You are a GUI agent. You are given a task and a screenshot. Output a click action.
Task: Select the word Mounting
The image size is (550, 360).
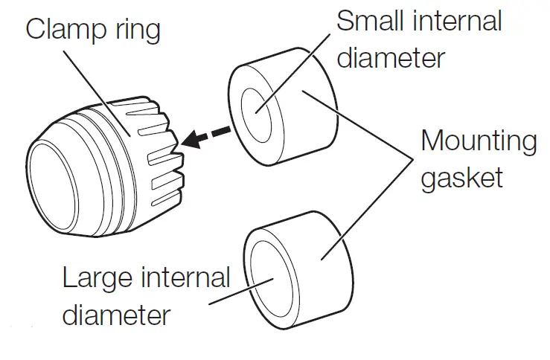pos(478,141)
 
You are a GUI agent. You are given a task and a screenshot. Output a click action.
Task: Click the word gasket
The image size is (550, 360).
pos(461,178)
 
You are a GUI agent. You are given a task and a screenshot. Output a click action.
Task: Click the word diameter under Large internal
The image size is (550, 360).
pos(116,315)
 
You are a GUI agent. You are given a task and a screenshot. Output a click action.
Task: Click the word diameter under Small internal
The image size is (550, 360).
pos(391,57)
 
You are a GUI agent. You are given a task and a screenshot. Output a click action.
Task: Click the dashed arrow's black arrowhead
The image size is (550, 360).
pos(195,138)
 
